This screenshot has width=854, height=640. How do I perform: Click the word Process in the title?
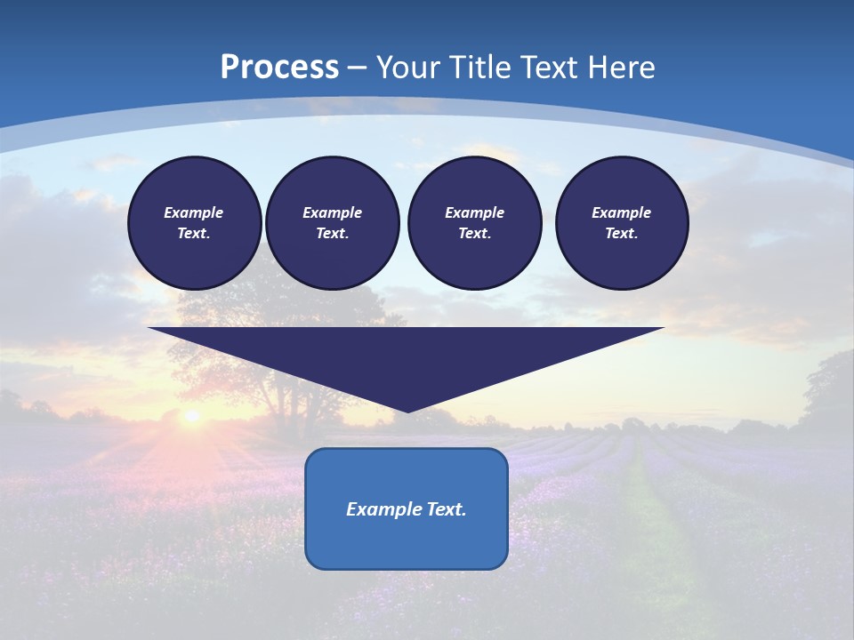pyautogui.click(x=279, y=68)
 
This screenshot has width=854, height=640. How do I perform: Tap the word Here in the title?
pyautogui.click(x=620, y=68)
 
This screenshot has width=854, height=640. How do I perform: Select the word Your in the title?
pyautogui.click(x=407, y=68)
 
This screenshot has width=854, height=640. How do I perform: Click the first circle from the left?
pyautogui.click(x=194, y=223)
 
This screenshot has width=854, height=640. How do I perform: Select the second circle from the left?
pyautogui.click(x=332, y=223)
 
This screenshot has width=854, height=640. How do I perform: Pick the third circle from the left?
pyautogui.click(x=474, y=223)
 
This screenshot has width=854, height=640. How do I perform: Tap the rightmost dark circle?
pyautogui.click(x=622, y=223)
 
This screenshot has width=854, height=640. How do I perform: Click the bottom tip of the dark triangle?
pyautogui.click(x=407, y=411)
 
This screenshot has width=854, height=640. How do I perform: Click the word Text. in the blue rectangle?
pyautogui.click(x=447, y=509)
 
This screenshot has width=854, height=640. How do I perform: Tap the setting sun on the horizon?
pyautogui.click(x=190, y=416)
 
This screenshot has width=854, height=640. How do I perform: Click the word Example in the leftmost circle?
pyautogui.click(x=194, y=212)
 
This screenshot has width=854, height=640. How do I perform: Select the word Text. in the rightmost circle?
pyautogui.click(x=622, y=234)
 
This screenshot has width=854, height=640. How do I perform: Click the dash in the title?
pyautogui.click(x=358, y=68)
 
